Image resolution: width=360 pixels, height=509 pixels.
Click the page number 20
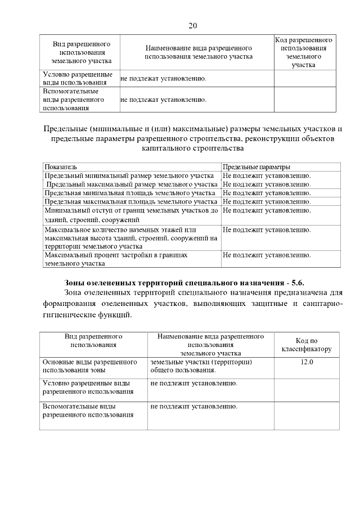pos(193,25)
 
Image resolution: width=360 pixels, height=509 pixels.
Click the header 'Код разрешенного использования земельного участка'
pos(303,53)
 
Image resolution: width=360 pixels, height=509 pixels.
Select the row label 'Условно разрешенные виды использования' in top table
pos(78,79)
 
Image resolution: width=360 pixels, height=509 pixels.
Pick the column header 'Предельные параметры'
pos(256,167)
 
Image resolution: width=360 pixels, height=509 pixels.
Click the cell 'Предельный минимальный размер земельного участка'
pos(129,175)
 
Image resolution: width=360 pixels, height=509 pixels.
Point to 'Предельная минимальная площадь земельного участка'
pos(129,192)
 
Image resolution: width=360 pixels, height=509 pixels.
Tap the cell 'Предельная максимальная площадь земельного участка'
pos(130,201)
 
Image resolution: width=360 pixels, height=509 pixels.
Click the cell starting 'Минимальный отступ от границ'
pos(130,215)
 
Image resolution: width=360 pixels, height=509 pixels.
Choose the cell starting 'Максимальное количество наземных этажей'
pos(130,238)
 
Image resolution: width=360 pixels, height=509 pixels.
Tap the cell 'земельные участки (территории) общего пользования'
pos(201,366)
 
